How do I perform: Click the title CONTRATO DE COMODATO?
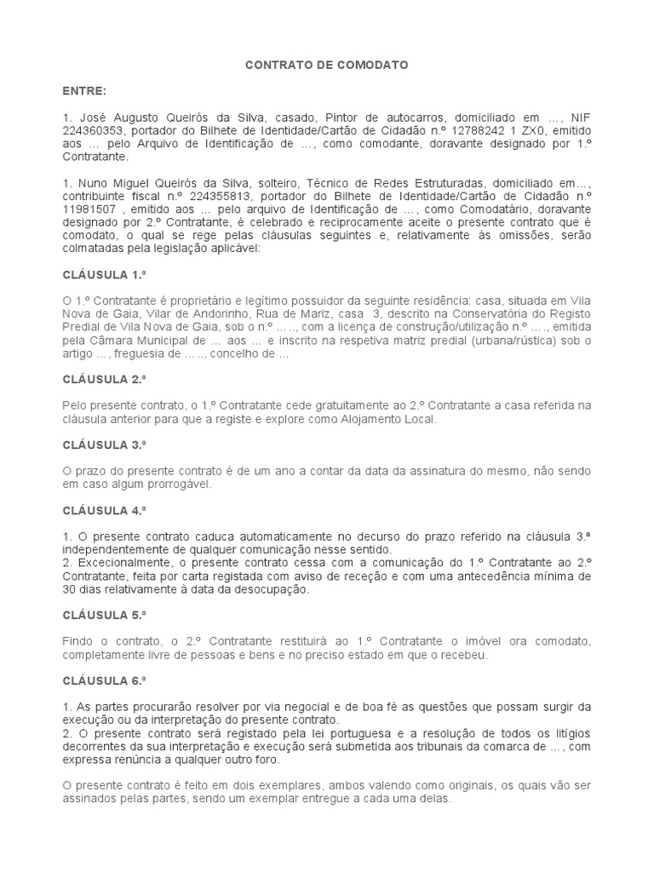tap(326, 64)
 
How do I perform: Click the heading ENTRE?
tap(84, 89)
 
